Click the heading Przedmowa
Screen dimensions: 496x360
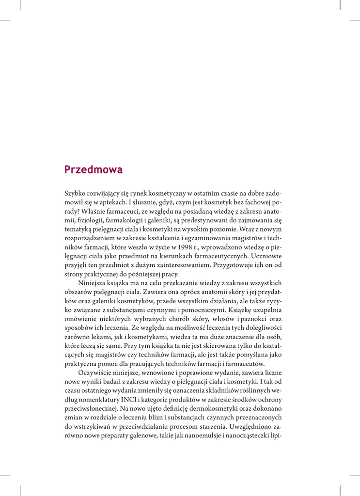point(94,170)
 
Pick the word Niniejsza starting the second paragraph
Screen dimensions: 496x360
point(93,282)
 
